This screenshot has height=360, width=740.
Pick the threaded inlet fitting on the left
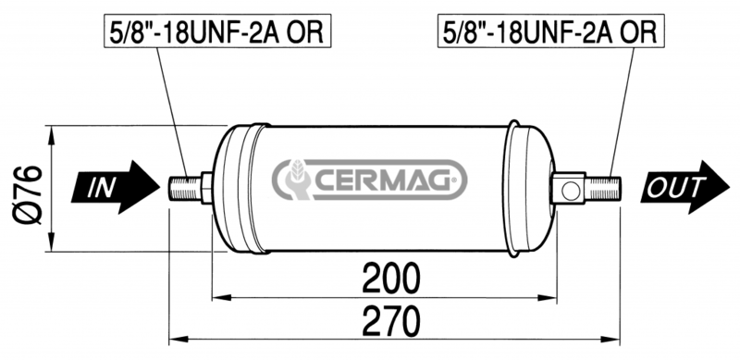coord(185,189)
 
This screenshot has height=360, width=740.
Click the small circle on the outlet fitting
coord(570,191)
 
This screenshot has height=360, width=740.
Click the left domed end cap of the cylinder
coord(231,189)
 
